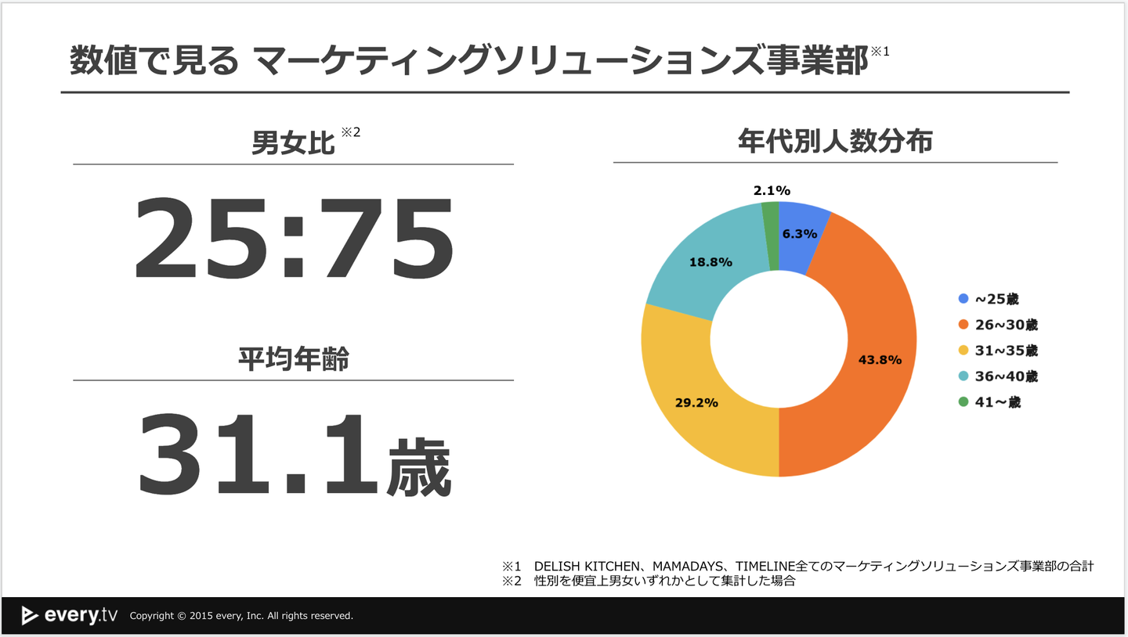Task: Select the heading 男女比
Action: (292, 143)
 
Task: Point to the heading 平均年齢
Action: (293, 359)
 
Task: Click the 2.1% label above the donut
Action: (772, 190)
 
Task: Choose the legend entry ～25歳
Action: (990, 299)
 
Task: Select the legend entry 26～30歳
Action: (999, 325)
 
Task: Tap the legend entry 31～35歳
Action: (999, 351)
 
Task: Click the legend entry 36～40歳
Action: (999, 376)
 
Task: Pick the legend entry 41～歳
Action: (990, 402)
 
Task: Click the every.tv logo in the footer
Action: (70, 615)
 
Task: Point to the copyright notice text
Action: (241, 616)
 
